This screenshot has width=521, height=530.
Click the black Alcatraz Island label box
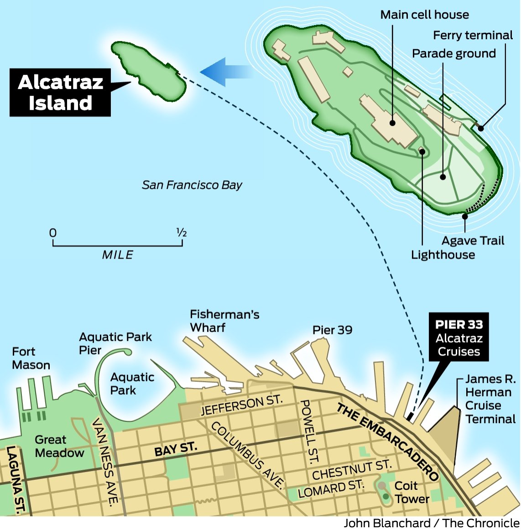coord(60,93)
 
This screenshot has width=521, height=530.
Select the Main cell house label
coord(424,15)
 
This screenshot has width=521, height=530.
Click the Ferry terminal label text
coord(473,36)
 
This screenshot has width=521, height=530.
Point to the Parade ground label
coord(453,54)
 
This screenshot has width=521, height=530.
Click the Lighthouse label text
coord(443,255)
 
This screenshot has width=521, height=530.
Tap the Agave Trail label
coord(473,241)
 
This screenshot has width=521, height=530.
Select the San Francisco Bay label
coord(192,185)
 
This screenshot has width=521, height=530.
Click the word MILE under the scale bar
coord(118,255)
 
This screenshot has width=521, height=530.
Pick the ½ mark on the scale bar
coord(182,233)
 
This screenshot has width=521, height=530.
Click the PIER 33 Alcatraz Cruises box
coord(458,338)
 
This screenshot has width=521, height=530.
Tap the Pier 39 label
coord(332,330)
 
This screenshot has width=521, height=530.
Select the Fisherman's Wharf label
coord(224,321)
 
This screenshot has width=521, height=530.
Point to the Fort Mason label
coord(31,359)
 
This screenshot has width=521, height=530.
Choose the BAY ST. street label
coord(176,449)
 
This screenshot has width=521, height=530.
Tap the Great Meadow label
coord(59,447)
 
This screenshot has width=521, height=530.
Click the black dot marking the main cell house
coord(392,123)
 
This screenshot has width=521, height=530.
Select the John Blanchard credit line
coord(432,523)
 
